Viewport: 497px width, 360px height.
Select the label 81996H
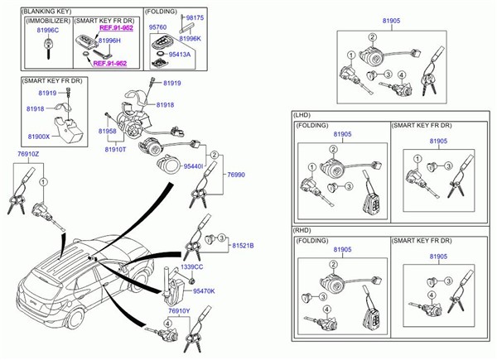[x=110, y=39]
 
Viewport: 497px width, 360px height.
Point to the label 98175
[x=196, y=17]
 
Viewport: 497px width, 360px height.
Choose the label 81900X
[x=39, y=137]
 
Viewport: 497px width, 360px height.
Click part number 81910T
[x=115, y=150]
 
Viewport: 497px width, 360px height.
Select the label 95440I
[x=193, y=166]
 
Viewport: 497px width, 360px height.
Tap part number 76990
[x=237, y=175]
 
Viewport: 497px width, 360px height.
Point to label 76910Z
[x=28, y=153]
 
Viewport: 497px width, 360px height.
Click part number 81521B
[x=243, y=246]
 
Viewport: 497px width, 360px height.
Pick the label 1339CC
[x=193, y=266]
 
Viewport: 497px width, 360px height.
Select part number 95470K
[x=204, y=291]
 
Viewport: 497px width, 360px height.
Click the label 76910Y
[x=179, y=310]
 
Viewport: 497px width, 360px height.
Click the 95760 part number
[x=157, y=26]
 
